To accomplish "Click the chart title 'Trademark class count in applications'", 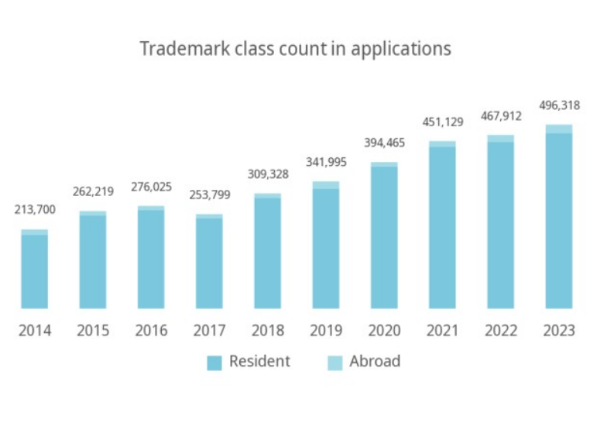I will pyautogui.click(x=295, y=49).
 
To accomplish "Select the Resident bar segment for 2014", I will pyautogui.click(x=35, y=271).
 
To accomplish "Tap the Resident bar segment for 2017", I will pyautogui.click(x=209, y=263).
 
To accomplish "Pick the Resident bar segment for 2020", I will pyautogui.click(x=384, y=237).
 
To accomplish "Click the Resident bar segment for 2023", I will pyautogui.click(x=559, y=221).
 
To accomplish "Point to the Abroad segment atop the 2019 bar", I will pyautogui.click(x=326, y=185).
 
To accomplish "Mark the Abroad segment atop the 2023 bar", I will pyautogui.click(x=559, y=129).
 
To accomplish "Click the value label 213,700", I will pyautogui.click(x=35, y=209).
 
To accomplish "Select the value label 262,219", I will pyautogui.click(x=93, y=191).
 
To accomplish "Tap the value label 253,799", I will pyautogui.click(x=209, y=194).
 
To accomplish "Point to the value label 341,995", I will pyautogui.click(x=326, y=162).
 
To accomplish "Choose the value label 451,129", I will pyautogui.click(x=442, y=122).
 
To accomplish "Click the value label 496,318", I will pyautogui.click(x=559, y=105).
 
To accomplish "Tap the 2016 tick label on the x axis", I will pyautogui.click(x=151, y=331).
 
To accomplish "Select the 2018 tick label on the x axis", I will pyautogui.click(x=268, y=331).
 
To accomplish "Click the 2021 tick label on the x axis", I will pyautogui.click(x=442, y=331).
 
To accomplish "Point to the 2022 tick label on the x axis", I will pyautogui.click(x=501, y=331).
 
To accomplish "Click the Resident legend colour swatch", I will pyautogui.click(x=214, y=362).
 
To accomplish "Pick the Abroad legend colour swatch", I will pyautogui.click(x=334, y=362).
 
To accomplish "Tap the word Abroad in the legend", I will pyautogui.click(x=375, y=361).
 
